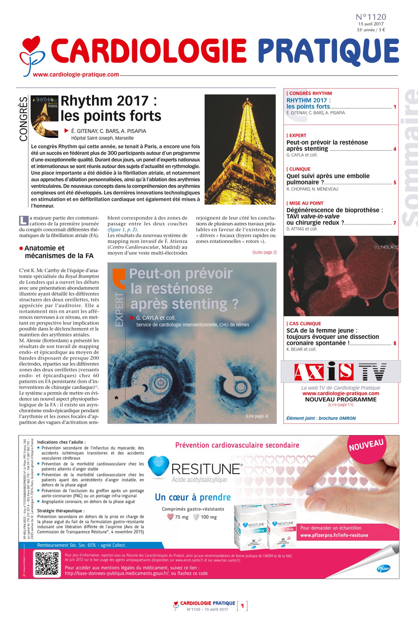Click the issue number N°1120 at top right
coord(371,17)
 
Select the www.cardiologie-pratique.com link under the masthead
coord(76,75)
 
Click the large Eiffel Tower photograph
coord(240,149)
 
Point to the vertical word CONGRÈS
coord(24,119)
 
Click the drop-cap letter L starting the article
coord(24,220)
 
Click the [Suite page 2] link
coord(264,252)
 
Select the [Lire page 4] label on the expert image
coord(257,416)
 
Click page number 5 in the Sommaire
coord(395,183)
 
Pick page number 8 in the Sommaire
coord(395,343)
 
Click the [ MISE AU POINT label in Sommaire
coord(305,203)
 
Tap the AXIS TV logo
coord(340,371)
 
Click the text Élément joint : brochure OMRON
coord(321,418)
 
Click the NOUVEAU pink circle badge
coord(366,445)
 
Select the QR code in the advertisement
coord(46,563)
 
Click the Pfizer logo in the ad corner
coord(383,568)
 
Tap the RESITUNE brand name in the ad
coord(206,469)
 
